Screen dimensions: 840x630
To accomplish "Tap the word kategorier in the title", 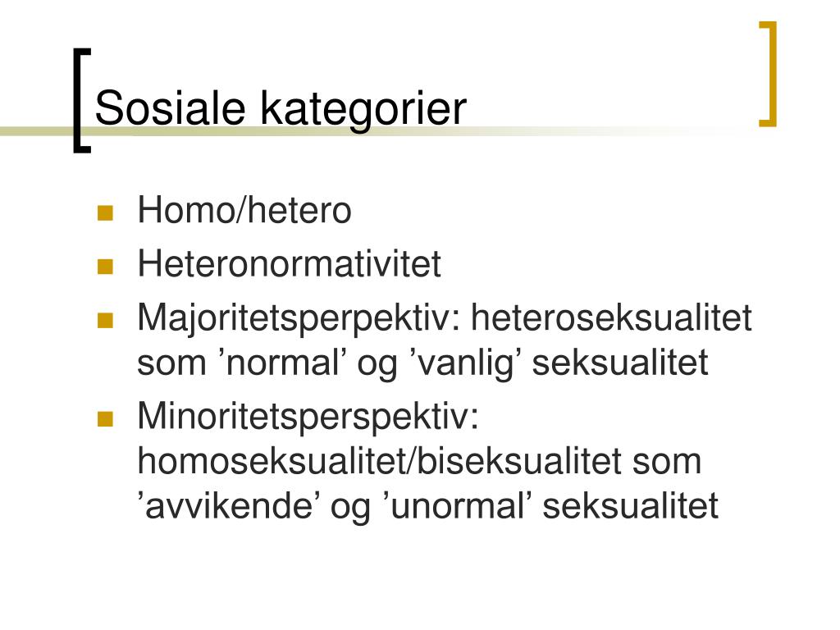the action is click(x=363, y=111).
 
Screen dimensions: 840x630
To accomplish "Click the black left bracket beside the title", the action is click(x=81, y=101).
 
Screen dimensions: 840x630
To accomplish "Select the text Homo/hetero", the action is click(x=244, y=209).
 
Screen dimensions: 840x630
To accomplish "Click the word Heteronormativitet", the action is click(x=290, y=263).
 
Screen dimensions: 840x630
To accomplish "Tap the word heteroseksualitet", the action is click(x=611, y=317).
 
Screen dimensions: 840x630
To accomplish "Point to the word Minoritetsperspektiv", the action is click(x=308, y=418).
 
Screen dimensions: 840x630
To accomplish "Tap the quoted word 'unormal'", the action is click(x=458, y=505).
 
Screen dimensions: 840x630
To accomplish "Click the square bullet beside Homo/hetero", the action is click(x=106, y=212).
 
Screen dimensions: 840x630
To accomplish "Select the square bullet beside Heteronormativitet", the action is click(x=106, y=267).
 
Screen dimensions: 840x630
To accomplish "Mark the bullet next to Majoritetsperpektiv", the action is click(x=106, y=321).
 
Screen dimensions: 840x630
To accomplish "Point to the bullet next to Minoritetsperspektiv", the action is click(x=106, y=419).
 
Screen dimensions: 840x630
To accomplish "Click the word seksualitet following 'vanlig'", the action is click(x=620, y=363).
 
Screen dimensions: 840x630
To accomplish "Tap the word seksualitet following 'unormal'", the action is click(x=631, y=505).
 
